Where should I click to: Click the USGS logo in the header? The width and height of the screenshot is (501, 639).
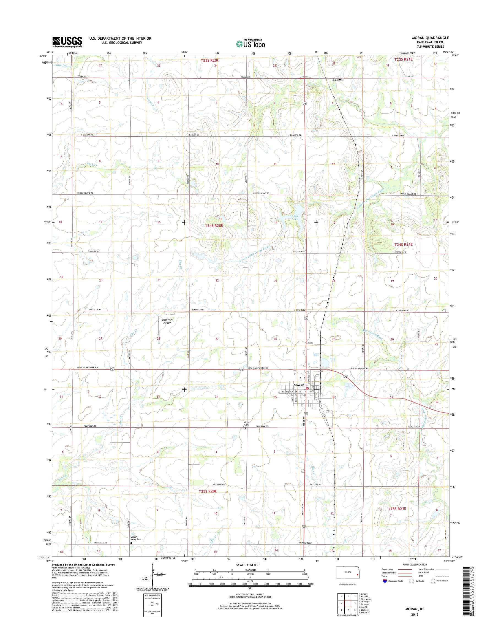coord(67,42)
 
